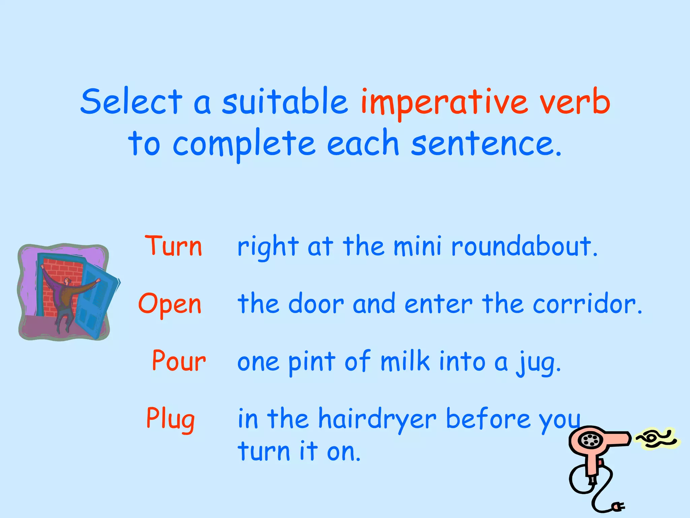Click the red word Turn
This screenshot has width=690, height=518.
point(174,246)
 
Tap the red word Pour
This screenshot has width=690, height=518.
point(179,361)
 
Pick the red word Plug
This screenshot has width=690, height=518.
point(170,419)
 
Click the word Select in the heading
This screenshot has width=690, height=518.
point(131,101)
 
